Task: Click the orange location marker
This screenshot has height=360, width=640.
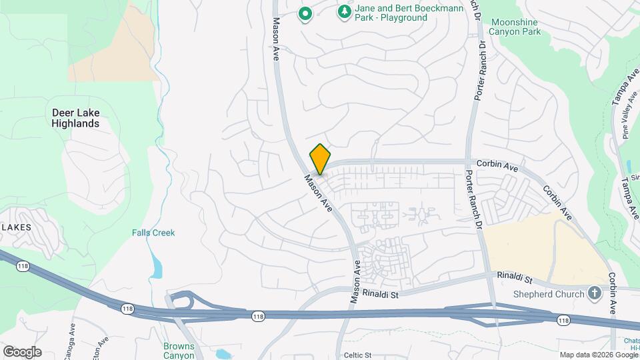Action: tap(320, 159)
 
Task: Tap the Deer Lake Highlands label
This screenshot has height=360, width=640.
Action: tap(75, 118)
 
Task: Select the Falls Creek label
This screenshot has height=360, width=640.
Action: tap(153, 233)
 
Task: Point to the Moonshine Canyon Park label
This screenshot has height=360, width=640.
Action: tap(523, 27)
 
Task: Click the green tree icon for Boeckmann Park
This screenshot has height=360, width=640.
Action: tap(344, 11)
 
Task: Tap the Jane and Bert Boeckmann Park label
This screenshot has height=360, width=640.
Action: tap(391, 13)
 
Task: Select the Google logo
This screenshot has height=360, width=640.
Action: tap(22, 352)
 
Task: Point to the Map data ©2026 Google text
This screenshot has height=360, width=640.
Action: tap(598, 355)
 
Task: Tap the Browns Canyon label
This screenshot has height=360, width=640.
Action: tap(179, 351)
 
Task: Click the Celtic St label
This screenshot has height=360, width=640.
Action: tap(358, 355)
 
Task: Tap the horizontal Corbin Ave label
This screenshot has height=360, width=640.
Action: tap(497, 163)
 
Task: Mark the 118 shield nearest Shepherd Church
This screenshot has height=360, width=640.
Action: tap(564, 321)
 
